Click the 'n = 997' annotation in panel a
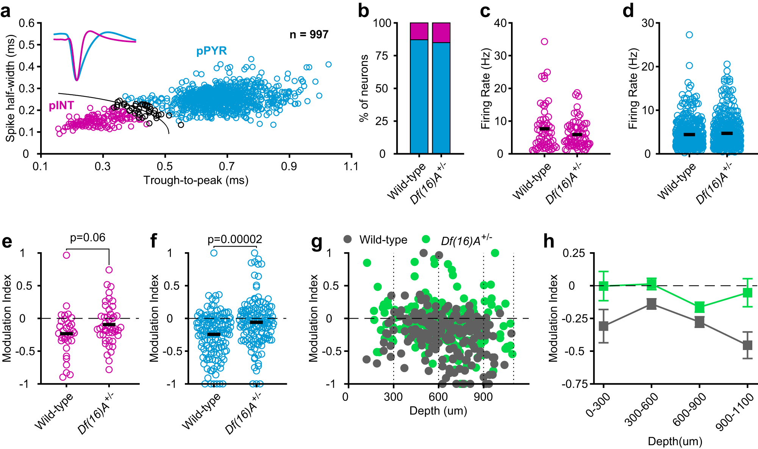click(x=309, y=35)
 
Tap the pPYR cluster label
click(x=211, y=51)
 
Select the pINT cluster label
click(x=61, y=106)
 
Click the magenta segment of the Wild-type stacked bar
click(x=419, y=31)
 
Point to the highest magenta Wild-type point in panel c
click(x=544, y=42)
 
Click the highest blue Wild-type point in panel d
click(x=689, y=35)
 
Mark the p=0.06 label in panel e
click(x=88, y=238)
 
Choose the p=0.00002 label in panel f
click(x=235, y=239)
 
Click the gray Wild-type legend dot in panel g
click(x=347, y=239)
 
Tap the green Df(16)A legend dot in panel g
click(x=426, y=239)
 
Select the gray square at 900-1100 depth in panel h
click(x=747, y=345)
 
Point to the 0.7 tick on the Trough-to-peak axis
click(x=227, y=166)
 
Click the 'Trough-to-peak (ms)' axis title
click(x=196, y=180)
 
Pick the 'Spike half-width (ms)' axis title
click(x=10, y=88)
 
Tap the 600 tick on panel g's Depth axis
click(x=438, y=397)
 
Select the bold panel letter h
click(x=549, y=241)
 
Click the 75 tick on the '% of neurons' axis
click(x=386, y=56)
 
